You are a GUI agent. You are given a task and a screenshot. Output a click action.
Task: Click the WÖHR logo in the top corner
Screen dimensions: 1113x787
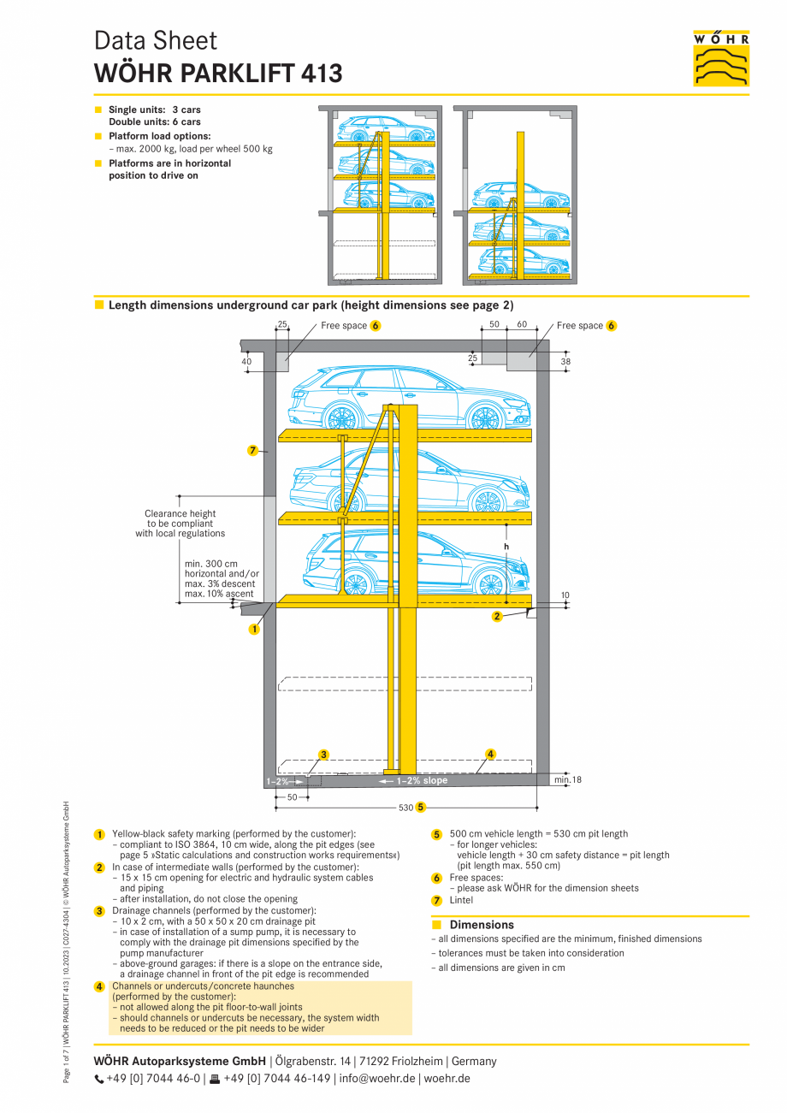click(720, 57)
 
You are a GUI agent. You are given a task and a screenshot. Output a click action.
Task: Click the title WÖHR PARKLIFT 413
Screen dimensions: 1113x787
click(218, 74)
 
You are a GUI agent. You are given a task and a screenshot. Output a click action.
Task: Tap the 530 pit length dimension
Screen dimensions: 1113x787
click(405, 808)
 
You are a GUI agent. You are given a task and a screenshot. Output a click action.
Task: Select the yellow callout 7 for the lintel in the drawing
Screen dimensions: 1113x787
click(252, 451)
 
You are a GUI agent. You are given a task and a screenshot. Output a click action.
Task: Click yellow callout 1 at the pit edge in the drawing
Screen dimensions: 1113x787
click(254, 630)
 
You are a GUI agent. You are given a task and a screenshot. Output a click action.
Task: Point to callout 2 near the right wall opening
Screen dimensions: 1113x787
click(497, 616)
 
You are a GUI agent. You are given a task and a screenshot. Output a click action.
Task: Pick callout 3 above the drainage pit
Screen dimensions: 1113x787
click(323, 755)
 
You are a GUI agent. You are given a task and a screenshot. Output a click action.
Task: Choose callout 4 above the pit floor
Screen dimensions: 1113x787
click(490, 754)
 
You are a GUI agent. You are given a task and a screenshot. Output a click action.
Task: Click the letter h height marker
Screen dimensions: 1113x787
click(506, 547)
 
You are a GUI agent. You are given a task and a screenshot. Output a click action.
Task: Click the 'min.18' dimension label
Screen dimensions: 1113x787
click(567, 780)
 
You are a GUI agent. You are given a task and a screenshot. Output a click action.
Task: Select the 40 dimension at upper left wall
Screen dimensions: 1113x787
click(247, 362)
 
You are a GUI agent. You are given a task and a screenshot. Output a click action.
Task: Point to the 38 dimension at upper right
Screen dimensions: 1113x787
click(565, 362)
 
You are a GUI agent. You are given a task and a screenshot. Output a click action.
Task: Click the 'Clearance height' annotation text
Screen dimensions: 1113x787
click(180, 514)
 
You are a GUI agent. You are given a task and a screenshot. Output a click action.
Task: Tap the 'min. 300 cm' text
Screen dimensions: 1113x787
click(211, 564)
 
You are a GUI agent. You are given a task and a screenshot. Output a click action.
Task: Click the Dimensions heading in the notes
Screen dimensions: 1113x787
click(482, 925)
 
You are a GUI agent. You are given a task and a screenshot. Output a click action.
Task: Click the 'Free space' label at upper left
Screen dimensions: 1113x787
click(344, 326)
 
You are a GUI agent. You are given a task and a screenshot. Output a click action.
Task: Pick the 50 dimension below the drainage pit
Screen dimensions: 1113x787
click(292, 797)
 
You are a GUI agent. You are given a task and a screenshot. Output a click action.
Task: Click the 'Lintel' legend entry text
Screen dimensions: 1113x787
click(461, 900)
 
